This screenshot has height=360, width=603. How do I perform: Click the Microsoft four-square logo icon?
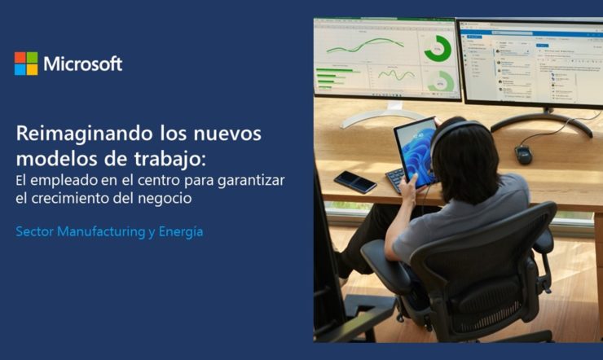pyautogui.click(x=26, y=64)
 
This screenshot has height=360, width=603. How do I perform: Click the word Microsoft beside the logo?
pyautogui.click(x=82, y=64)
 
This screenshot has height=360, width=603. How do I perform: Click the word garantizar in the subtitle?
pyautogui.click(x=251, y=181)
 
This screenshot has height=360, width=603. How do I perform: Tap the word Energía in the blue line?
pyautogui.click(x=181, y=232)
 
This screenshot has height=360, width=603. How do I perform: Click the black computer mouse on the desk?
pyautogui.click(x=523, y=155)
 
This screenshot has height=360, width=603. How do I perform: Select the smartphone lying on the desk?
pyautogui.click(x=355, y=182)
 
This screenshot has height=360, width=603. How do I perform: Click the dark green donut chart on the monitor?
pyautogui.click(x=438, y=48)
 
